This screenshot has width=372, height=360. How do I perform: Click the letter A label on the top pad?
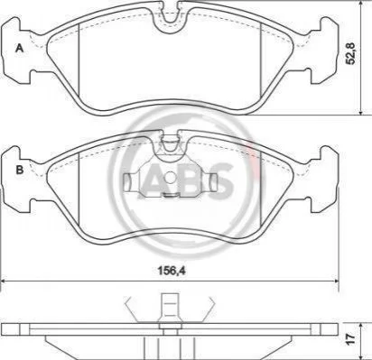pos(19,48)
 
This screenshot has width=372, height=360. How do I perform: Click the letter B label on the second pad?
pos(20,170)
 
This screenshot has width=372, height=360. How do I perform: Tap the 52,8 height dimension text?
pos(351,53)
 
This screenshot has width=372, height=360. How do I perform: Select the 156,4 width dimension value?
pos(172,271)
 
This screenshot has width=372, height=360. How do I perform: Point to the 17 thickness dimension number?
pos(351,339)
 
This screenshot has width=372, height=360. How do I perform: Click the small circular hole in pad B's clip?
pos(171,177)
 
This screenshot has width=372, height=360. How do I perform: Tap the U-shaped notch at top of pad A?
pos(170,15)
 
